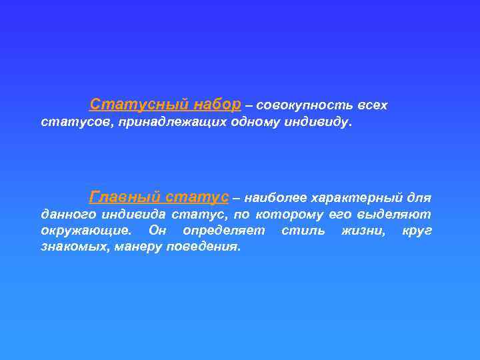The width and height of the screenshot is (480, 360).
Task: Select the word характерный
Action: coord(356,198)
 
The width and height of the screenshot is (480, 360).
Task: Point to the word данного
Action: coord(67,215)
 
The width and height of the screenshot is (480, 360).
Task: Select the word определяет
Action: coord(223,231)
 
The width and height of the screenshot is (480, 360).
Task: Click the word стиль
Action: coord(303,231)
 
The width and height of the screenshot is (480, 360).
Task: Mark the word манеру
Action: coord(137,247)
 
